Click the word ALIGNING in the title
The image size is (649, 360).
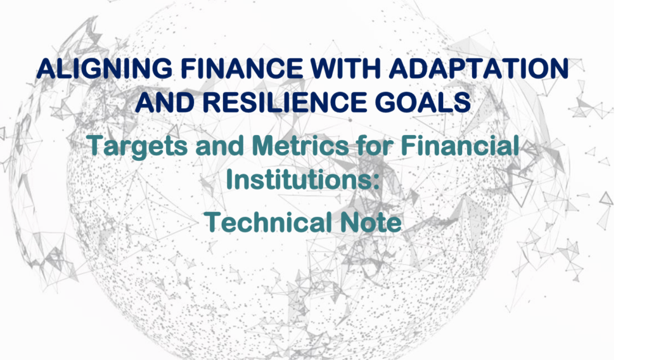104,68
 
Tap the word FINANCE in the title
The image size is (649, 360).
241,68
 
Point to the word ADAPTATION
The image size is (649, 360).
479,68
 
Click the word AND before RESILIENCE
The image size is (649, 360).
165,102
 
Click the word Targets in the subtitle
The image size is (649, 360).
138,146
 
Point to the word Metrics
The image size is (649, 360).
300,145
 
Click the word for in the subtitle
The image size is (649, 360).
374,145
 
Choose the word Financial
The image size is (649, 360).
460,145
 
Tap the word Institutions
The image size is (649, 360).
298,179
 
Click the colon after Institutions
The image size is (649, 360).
375,182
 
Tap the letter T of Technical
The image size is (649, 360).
214,222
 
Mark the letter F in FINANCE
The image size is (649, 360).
189,68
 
